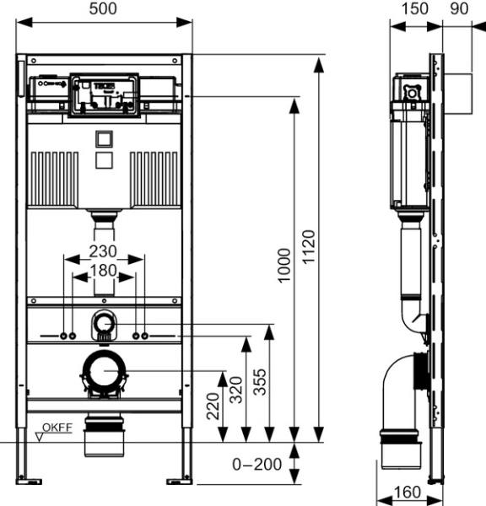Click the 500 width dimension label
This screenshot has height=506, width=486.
[x=105, y=8]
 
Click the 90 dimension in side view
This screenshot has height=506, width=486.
[x=460, y=8]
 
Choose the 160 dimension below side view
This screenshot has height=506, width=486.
[x=408, y=492]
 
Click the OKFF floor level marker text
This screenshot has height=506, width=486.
[x=58, y=428]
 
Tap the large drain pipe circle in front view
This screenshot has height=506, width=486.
[x=104, y=372]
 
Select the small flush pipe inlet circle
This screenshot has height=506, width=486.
[x=104, y=321]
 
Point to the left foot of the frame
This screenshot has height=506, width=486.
[x=30, y=481]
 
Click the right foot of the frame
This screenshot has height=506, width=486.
[x=179, y=481]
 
